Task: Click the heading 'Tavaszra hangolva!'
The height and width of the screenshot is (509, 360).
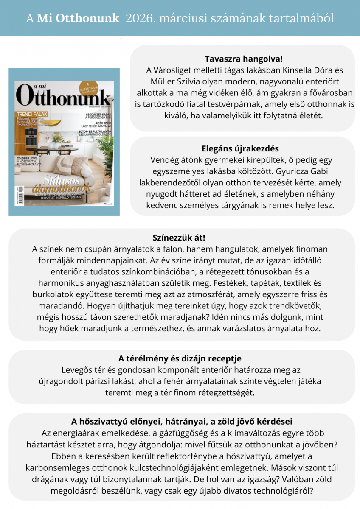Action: pos(243,59)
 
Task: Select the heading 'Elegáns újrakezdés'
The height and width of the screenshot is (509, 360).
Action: pos(240,148)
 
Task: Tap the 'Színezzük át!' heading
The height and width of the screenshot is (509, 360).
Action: pos(179,238)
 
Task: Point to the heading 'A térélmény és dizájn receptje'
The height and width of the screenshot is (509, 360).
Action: pos(180,358)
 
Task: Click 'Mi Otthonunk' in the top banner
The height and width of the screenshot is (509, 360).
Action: pos(78,18)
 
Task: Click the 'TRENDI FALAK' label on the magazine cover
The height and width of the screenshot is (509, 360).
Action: pos(32,114)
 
